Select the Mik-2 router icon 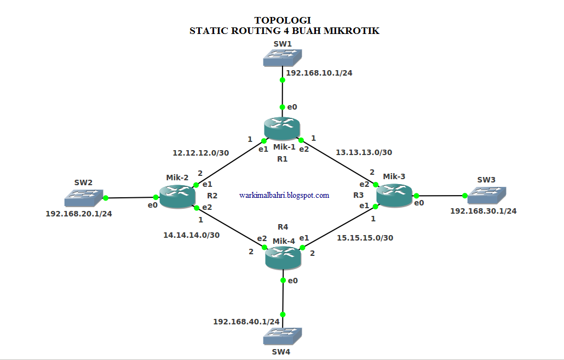(x=177, y=197)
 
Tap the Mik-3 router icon (x=394, y=196)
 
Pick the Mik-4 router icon (x=283, y=257)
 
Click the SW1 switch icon (x=283, y=57)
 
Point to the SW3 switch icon (x=486, y=196)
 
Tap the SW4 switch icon (x=283, y=335)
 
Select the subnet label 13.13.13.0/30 (x=364, y=152)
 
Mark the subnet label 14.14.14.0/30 (x=192, y=235)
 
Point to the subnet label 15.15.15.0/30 (x=365, y=238)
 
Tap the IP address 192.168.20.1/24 (x=79, y=214)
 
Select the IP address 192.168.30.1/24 (x=484, y=210)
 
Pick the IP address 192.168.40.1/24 (x=246, y=322)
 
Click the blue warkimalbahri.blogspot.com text (x=284, y=195)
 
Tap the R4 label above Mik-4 (x=283, y=226)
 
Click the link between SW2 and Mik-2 (x=131, y=197)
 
